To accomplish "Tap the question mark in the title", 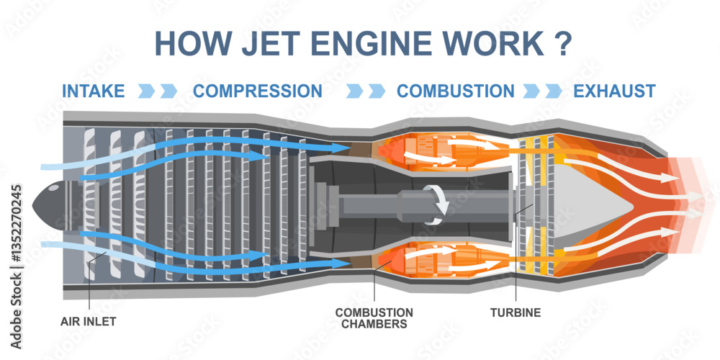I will coord(564,43).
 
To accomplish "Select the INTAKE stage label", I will coord(94,91).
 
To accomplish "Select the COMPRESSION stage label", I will coord(258,91).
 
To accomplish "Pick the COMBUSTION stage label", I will coord(456,91).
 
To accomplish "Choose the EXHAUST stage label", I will coord(614,91).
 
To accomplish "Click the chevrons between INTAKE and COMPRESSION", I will coord(158,91).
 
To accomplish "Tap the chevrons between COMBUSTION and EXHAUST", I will coord(544,91).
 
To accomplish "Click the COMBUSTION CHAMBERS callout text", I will coord(374,318).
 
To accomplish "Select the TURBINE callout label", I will coord(516,313).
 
